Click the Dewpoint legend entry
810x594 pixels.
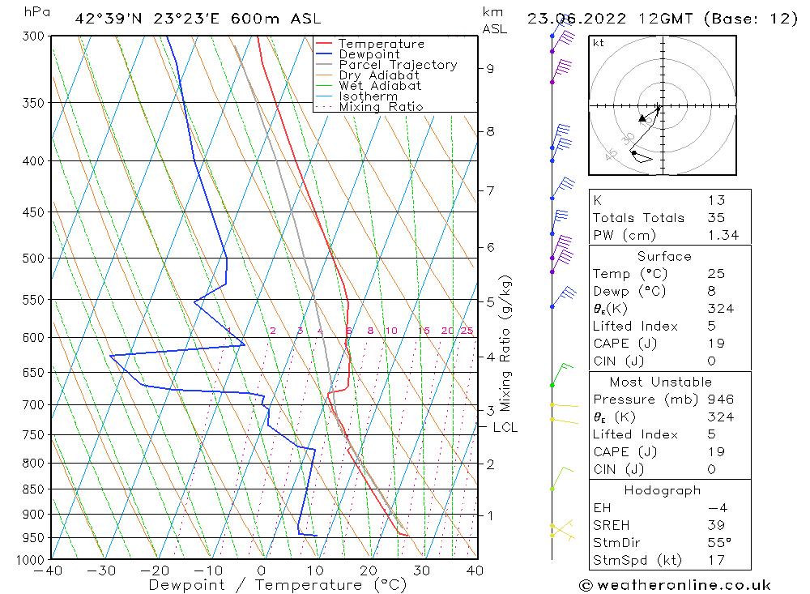tap(369, 54)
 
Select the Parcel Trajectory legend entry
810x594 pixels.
tap(398, 65)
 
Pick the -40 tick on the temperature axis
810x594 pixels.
tap(50, 570)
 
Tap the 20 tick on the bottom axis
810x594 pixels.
tap(369, 570)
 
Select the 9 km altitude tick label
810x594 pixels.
tap(490, 69)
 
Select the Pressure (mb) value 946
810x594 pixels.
tap(720, 400)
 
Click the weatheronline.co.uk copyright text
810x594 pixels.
tap(674, 585)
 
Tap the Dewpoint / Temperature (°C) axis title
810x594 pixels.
tap(277, 585)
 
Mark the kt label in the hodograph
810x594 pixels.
tap(599, 43)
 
